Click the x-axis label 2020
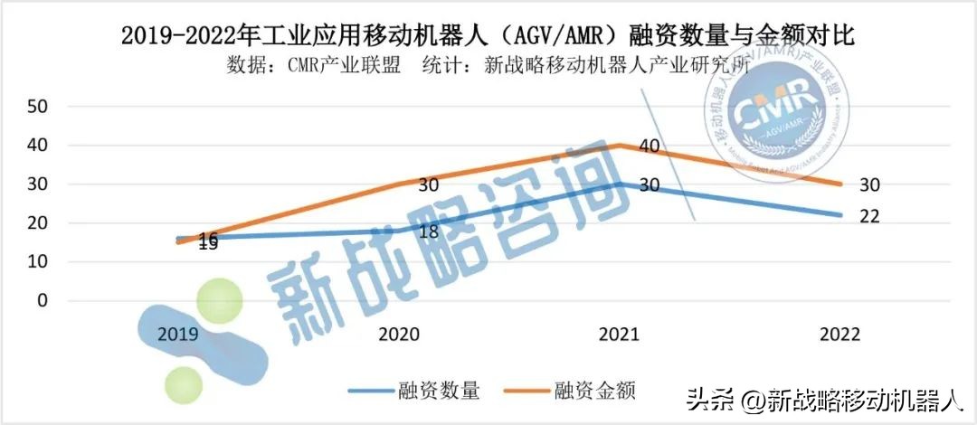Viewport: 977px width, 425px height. (x=398, y=334)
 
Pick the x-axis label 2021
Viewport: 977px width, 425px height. (x=619, y=334)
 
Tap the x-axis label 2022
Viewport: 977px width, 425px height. (x=839, y=334)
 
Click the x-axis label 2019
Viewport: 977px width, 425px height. (x=178, y=334)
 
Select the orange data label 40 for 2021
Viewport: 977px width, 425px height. (x=649, y=146)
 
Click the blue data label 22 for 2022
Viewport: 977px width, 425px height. (x=868, y=217)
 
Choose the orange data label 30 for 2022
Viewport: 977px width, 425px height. (x=868, y=184)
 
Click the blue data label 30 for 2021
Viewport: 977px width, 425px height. (x=649, y=184)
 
